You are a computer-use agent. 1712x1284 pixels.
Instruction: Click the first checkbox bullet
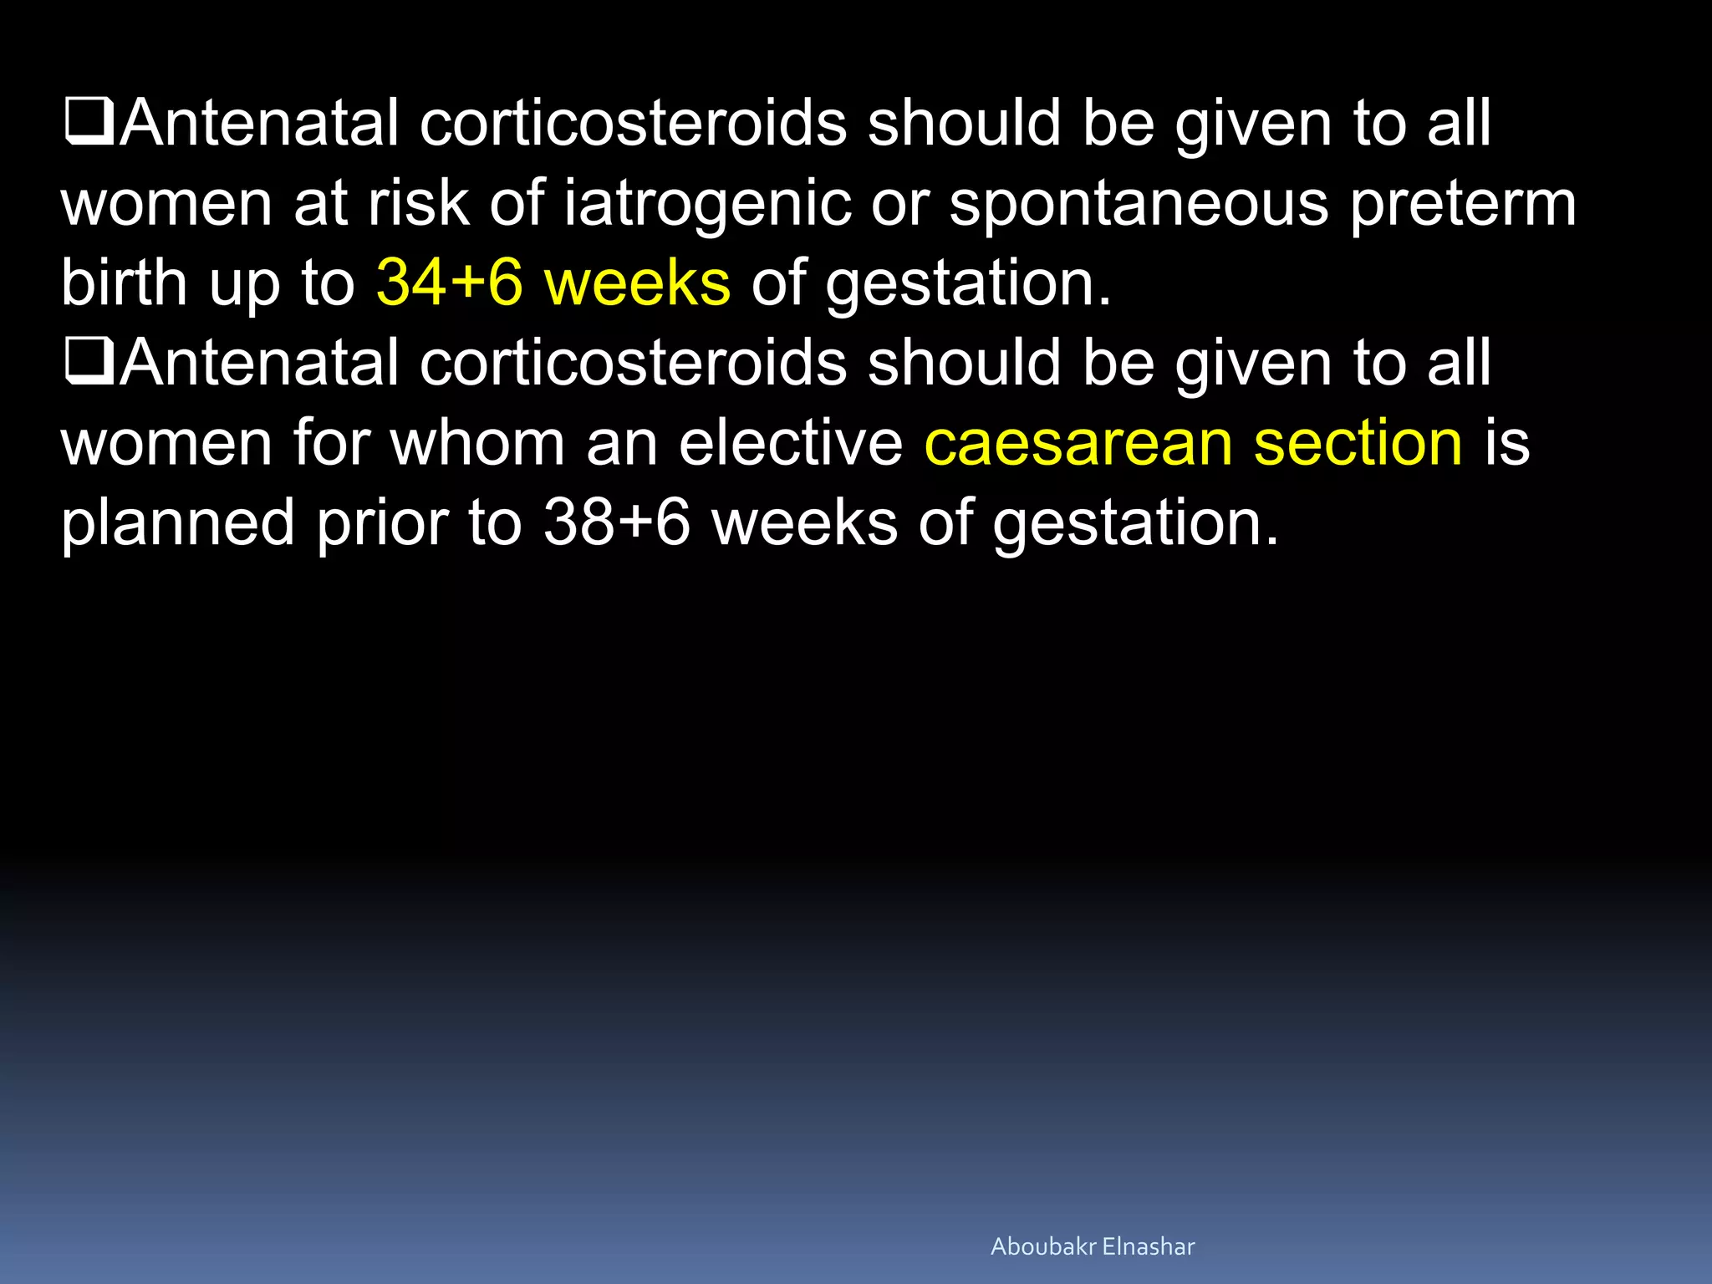(89, 123)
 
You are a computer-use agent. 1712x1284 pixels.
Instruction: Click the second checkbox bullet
(89, 363)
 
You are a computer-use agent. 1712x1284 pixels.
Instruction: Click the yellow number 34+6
(449, 282)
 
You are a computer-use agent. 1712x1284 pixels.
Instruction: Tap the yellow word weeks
(637, 282)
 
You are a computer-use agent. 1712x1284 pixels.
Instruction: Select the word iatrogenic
(707, 203)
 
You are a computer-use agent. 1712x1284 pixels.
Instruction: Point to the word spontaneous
(1139, 203)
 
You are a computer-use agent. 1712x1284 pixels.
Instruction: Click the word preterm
(1463, 203)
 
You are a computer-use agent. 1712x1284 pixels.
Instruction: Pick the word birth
(124, 282)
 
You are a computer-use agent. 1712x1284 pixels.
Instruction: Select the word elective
(791, 442)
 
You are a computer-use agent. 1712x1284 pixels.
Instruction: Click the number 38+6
(617, 522)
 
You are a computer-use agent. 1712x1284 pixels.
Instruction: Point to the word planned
(178, 522)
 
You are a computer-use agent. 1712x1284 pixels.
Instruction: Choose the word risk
(418, 203)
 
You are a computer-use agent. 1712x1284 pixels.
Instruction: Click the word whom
(477, 442)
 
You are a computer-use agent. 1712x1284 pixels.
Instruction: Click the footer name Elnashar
(1149, 1246)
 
